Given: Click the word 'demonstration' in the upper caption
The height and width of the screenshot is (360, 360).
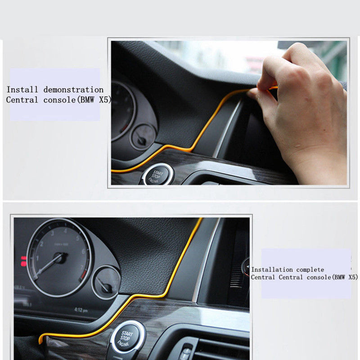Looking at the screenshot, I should coord(73,90).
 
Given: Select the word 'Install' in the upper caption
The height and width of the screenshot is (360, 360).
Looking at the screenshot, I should coord(22,90).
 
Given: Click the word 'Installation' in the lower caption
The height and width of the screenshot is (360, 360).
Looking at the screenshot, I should coord(272,270).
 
